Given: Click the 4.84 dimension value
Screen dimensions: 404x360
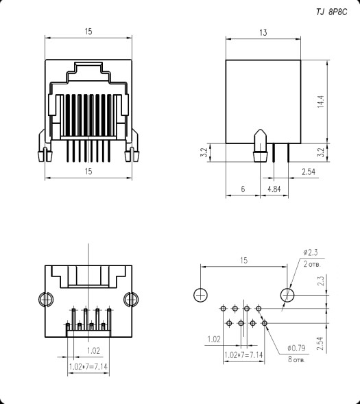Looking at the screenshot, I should pos(273,187).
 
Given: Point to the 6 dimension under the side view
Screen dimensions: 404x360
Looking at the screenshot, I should pos(243,187).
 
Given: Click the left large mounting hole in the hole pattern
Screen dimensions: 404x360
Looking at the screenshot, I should pos(200,295).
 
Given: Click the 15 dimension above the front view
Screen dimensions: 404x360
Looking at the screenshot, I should pos(89,31).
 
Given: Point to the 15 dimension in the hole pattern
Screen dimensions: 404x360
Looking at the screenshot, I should pos(243,260).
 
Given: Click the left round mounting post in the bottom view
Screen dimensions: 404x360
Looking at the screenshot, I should pos(45,300).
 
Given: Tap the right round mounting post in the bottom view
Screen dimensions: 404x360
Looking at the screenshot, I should pos(129,300).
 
